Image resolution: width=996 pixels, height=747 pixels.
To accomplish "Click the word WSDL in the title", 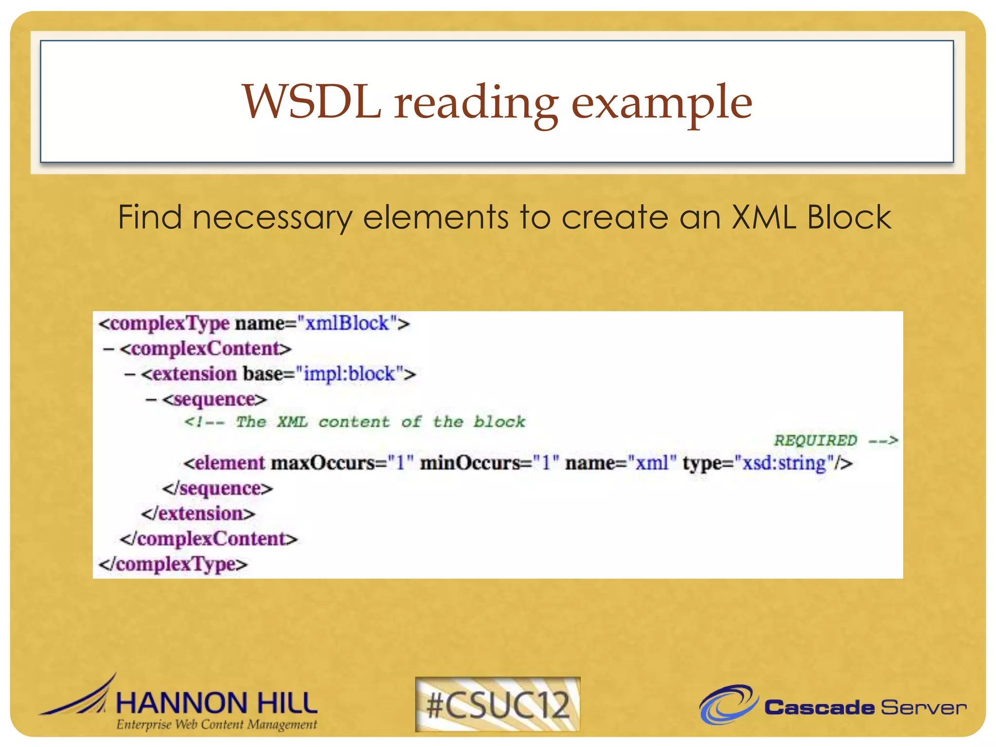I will pyautogui.click(x=311, y=102).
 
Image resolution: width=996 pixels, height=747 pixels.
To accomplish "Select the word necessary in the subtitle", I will pyautogui.click(x=272, y=217).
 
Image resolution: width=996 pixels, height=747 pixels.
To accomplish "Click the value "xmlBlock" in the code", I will pyautogui.click(x=347, y=323).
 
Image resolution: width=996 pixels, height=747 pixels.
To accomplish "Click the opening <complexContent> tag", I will pyautogui.click(x=205, y=349).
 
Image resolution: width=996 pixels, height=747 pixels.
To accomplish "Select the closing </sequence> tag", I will pyautogui.click(x=217, y=488).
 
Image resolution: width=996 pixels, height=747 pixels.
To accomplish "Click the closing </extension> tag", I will pyautogui.click(x=198, y=514).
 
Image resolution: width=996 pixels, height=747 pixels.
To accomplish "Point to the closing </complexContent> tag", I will pyautogui.click(x=209, y=539).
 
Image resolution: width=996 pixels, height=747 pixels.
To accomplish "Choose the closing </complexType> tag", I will pyautogui.click(x=173, y=564).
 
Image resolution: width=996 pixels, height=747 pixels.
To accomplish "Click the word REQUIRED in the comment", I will pyautogui.click(x=815, y=441).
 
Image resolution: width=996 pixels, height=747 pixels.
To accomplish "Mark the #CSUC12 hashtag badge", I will pyautogui.click(x=498, y=704).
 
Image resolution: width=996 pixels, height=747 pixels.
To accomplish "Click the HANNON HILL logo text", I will pyautogui.click(x=216, y=703).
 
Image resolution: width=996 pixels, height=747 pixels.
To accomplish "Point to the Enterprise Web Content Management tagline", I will pyautogui.click(x=216, y=725).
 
